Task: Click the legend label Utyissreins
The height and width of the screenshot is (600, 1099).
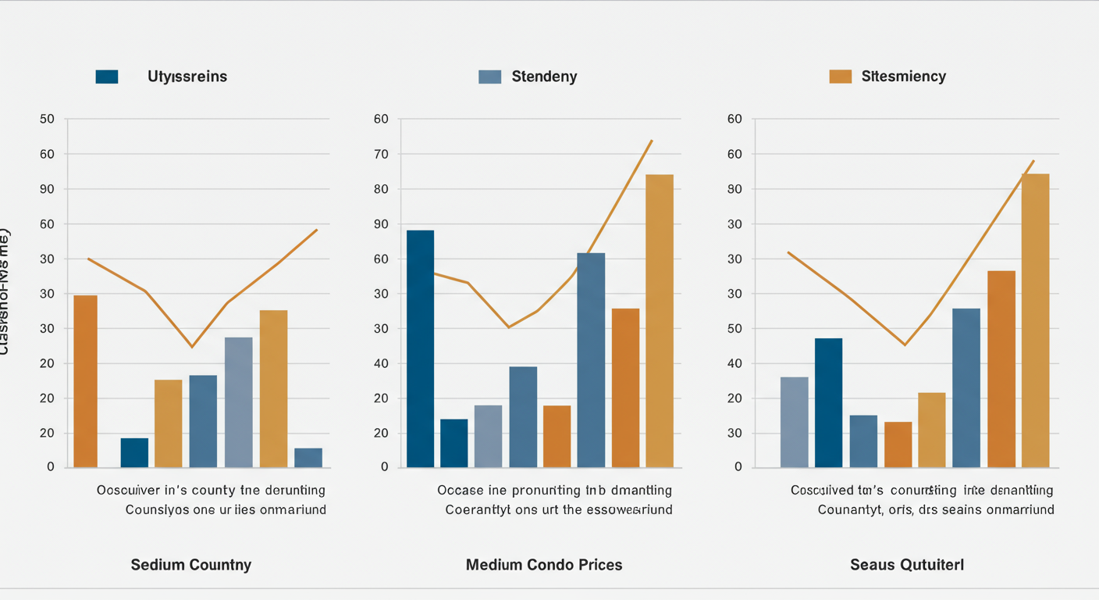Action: (187, 77)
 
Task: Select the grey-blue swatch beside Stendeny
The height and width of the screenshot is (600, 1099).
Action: (489, 77)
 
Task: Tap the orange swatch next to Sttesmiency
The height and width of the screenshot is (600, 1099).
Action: (840, 77)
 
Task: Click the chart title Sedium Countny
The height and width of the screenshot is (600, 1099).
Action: (191, 565)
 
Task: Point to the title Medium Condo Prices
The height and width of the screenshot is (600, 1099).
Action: (544, 565)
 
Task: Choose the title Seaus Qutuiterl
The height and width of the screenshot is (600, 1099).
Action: (907, 565)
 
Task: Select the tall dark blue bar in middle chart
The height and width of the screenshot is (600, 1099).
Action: (420, 348)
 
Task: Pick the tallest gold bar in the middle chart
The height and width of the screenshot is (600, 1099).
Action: (660, 320)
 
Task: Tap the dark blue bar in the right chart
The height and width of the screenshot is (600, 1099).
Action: (828, 402)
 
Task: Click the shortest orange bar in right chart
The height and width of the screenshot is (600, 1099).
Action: (898, 445)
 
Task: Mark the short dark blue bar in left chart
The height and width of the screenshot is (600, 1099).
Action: (134, 452)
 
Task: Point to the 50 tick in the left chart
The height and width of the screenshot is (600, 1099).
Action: (47, 120)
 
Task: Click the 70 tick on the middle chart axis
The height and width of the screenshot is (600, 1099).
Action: (381, 154)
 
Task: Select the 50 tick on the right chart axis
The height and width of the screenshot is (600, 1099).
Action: (735, 329)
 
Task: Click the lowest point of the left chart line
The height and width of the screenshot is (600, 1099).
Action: (192, 347)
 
